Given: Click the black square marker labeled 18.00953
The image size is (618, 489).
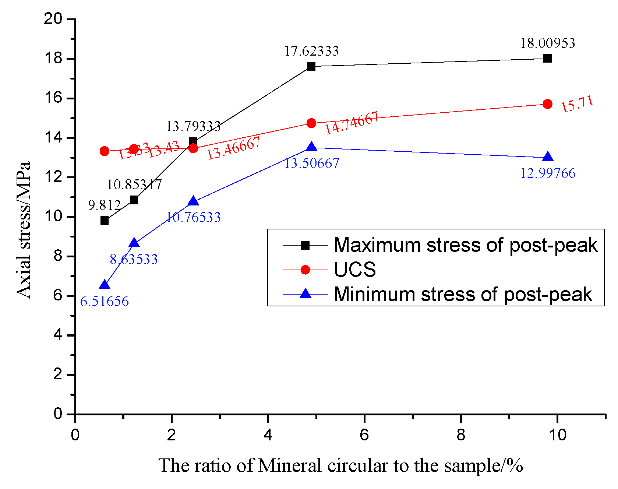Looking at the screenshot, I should click(x=547, y=59).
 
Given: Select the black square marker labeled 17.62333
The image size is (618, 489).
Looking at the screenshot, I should click(x=311, y=66).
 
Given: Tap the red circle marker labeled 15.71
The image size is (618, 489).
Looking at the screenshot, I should click(x=547, y=104).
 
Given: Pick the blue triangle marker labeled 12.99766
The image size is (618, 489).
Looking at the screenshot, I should click(x=548, y=157).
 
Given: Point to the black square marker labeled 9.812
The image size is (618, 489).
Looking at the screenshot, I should click(x=105, y=221).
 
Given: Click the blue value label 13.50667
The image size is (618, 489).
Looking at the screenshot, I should click(x=311, y=163).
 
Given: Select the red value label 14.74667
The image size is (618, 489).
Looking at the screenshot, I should click(x=352, y=123).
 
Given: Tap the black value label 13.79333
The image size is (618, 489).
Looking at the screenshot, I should click(x=193, y=127).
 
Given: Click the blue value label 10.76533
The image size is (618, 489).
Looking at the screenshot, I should click(x=194, y=217).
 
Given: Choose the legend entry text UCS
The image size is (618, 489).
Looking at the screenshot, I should click(x=355, y=270).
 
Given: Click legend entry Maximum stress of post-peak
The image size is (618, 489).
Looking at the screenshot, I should click(x=465, y=245).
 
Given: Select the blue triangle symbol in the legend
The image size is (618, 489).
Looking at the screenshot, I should click(x=306, y=294).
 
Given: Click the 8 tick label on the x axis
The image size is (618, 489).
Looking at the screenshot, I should click(x=461, y=435).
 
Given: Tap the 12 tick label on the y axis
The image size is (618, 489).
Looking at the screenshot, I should click(x=53, y=177).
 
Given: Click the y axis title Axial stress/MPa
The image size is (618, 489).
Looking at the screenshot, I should click(x=24, y=229).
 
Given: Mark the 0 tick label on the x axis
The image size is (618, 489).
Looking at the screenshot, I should click(x=75, y=435).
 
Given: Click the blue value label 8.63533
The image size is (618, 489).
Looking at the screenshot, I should click(x=134, y=259).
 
